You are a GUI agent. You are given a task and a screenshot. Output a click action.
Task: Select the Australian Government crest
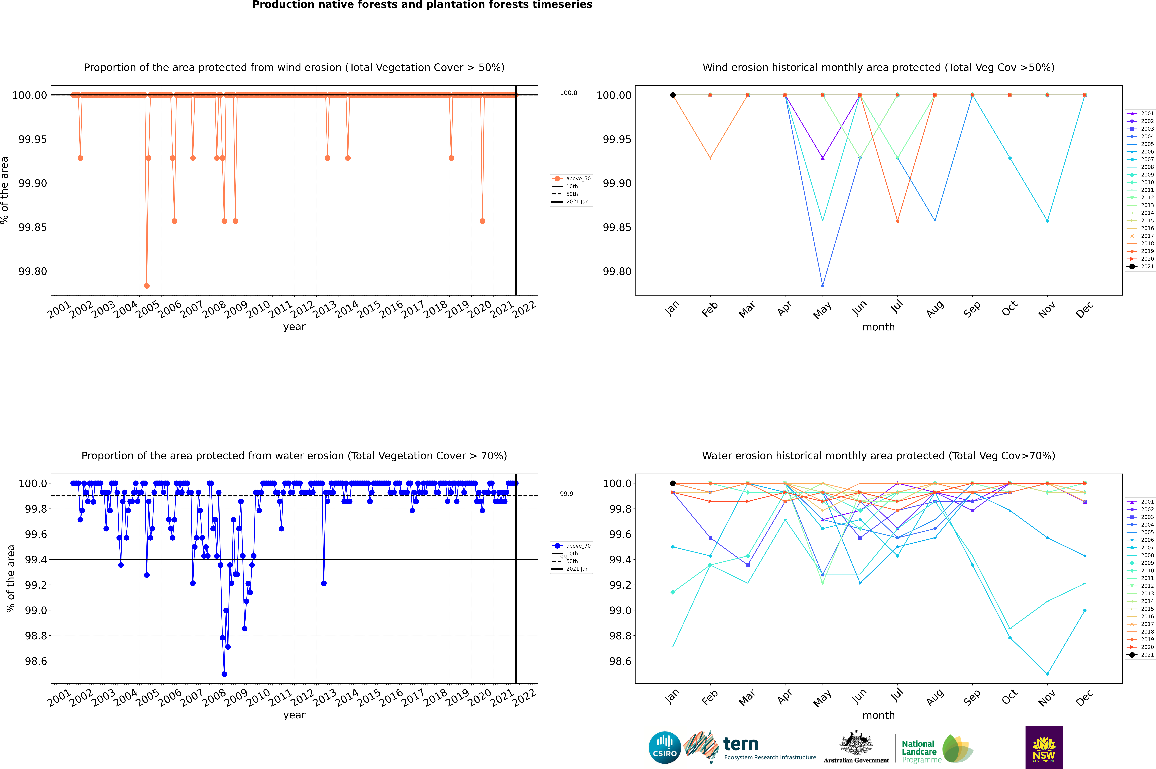[x=856, y=743]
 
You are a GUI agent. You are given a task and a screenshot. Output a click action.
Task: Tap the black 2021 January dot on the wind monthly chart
[x=673, y=95]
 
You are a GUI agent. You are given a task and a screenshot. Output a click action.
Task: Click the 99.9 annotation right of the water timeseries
[x=566, y=494]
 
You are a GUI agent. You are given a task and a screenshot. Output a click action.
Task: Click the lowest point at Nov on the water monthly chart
[x=1047, y=674]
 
